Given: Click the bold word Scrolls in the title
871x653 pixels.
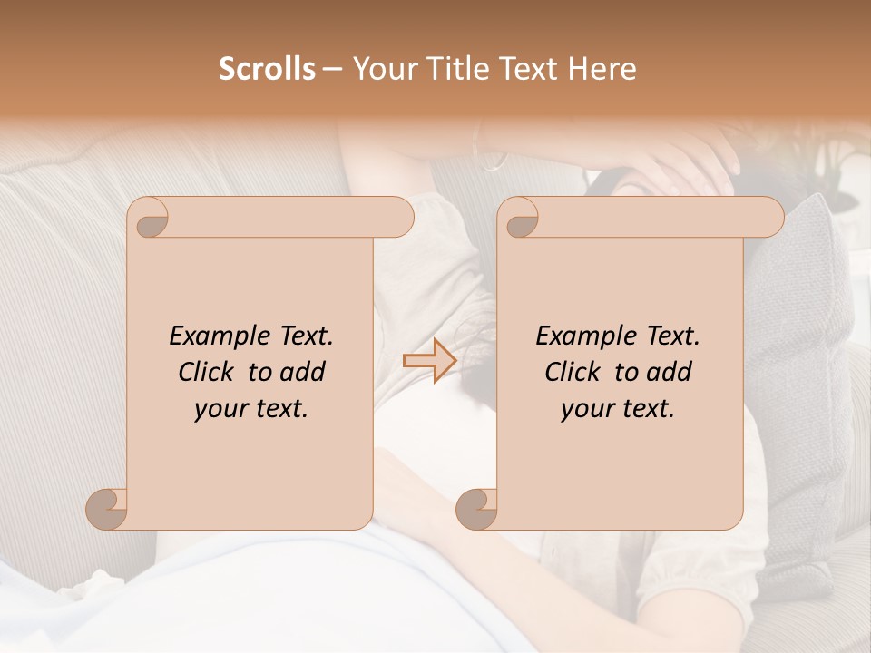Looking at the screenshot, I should pos(268,69).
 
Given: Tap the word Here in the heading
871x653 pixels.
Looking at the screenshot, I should pos(603,69).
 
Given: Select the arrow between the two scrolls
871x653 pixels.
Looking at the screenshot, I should pos(429,360).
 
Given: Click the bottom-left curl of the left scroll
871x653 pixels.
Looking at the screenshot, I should pos(106,508).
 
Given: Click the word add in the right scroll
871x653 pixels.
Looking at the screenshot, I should pos(670,373).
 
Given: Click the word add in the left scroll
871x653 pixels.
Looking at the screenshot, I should pos(303,373).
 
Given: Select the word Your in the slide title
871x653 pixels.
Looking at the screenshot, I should pos(381,69).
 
